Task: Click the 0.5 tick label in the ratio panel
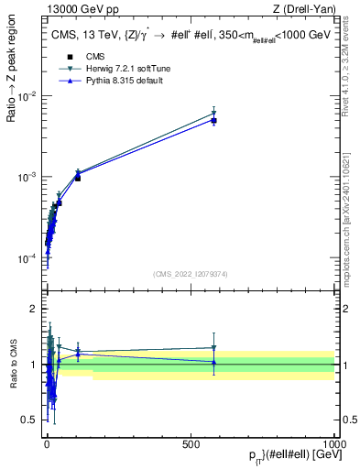pyautogui.click(x=28, y=420)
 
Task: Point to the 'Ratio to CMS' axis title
pyautogui.click(x=14, y=365)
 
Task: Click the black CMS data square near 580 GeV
pyautogui.click(x=213, y=121)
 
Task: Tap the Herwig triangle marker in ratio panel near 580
pyautogui.click(x=213, y=348)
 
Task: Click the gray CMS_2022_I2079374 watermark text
pyautogui.click(x=191, y=273)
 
